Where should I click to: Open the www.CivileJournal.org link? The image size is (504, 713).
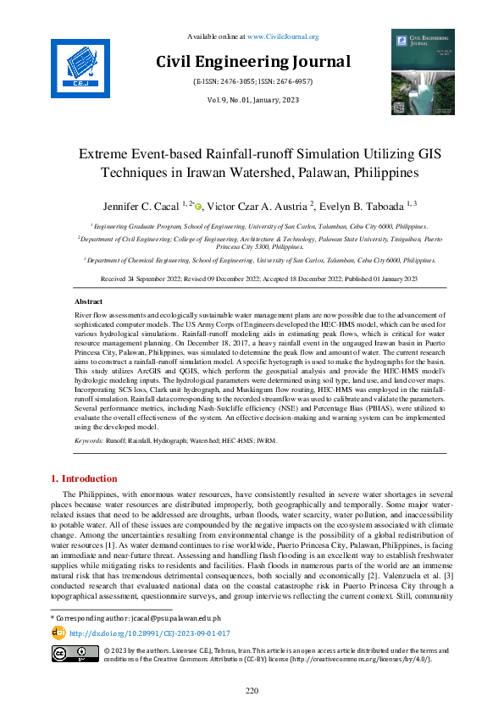pos(282,36)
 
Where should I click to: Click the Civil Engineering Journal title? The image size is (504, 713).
pos(252,62)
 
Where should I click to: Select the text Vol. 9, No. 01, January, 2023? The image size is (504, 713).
pos(252,100)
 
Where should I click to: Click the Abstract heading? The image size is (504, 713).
pos(89,301)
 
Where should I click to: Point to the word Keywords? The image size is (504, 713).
pos(89,442)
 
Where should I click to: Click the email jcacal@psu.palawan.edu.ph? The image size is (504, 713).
pos(164,619)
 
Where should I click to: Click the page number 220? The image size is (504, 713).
pos(252,691)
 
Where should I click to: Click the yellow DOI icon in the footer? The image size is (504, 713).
pos(58,632)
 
